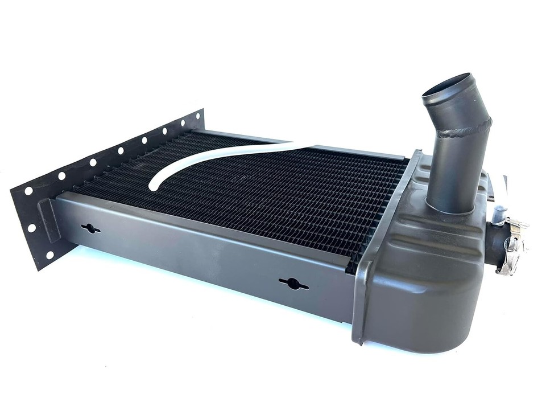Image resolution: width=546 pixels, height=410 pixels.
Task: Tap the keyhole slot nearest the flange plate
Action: (90, 228)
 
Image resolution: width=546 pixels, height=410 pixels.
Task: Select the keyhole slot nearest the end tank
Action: (293, 283)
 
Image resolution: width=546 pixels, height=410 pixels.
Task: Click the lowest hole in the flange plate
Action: (49, 255)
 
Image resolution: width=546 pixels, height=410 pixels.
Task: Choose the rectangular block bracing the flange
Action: (48, 219)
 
